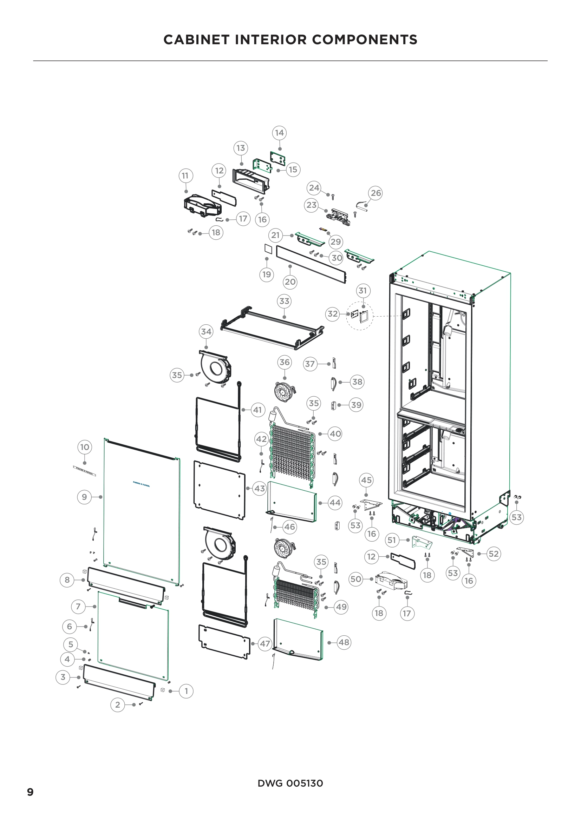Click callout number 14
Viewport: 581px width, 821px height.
(x=279, y=133)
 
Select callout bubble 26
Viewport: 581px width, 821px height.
(x=376, y=193)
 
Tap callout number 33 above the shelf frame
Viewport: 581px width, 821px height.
(x=284, y=301)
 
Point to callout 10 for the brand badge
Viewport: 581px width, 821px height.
(x=84, y=447)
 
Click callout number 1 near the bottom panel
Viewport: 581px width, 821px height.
(x=186, y=691)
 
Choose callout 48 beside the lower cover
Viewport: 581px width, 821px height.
(x=344, y=642)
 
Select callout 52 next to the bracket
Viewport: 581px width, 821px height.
(x=493, y=554)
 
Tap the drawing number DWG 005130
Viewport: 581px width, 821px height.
(x=290, y=783)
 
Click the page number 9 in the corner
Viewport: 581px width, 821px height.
(x=31, y=792)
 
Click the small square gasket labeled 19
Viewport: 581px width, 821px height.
(x=268, y=249)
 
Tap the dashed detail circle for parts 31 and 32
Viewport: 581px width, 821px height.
(x=360, y=316)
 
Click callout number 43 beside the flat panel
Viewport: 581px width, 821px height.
(x=259, y=489)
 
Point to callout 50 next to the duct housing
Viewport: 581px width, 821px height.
(x=355, y=579)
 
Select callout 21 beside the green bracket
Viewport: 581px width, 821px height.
(x=275, y=235)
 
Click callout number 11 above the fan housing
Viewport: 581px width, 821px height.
(x=185, y=176)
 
